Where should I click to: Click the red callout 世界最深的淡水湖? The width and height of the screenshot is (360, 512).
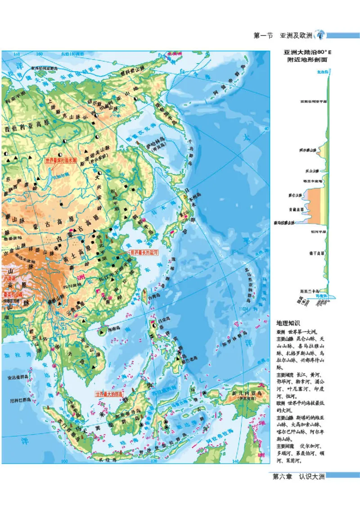pos(61,159)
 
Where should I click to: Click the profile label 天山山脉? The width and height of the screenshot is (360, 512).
pos(310,171)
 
